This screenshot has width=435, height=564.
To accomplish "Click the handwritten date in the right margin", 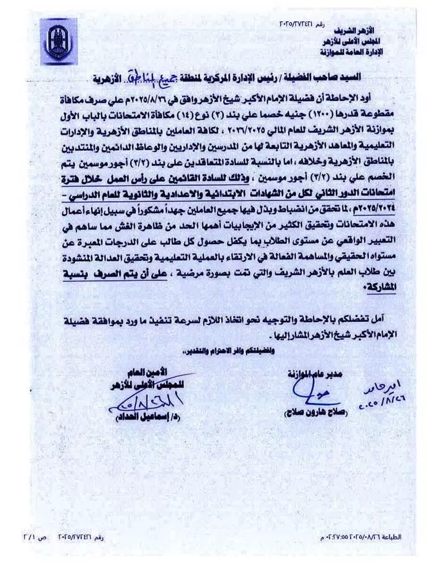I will coord(388,397).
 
